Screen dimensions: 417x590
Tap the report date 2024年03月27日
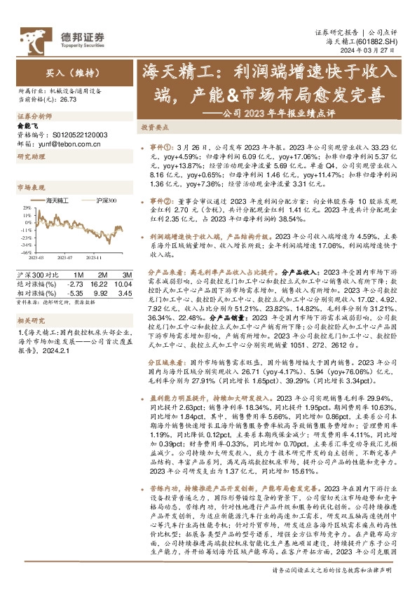[378, 52]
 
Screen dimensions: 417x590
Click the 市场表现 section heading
[29, 188]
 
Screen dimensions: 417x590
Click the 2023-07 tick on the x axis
[67, 259]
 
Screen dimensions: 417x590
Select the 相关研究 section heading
[29, 320]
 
